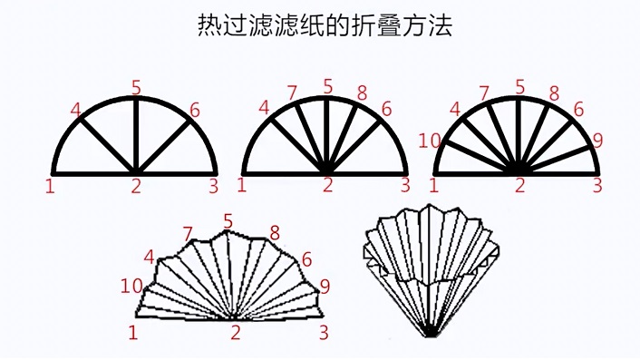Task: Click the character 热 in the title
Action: [x=209, y=25]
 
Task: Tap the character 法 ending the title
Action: [x=441, y=25]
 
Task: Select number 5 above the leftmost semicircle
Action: [x=136, y=88]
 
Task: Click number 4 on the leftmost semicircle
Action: [x=76, y=110]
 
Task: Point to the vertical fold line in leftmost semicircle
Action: [x=136, y=135]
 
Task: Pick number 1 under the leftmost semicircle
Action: [x=50, y=186]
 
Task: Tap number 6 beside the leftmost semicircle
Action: [x=195, y=111]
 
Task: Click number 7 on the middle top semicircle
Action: [x=291, y=93]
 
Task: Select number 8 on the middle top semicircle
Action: [x=362, y=93]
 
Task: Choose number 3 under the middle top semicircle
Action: [x=405, y=185]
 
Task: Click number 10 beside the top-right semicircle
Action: [x=430, y=141]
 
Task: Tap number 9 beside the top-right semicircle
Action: [x=597, y=141]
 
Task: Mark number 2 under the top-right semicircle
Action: [x=519, y=185]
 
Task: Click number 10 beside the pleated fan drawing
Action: [x=131, y=287]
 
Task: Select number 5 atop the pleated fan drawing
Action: [x=228, y=221]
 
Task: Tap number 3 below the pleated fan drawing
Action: [x=324, y=333]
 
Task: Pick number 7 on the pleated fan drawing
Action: [x=188, y=235]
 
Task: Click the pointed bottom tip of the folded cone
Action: [x=430, y=336]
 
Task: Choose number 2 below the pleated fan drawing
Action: [x=236, y=333]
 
